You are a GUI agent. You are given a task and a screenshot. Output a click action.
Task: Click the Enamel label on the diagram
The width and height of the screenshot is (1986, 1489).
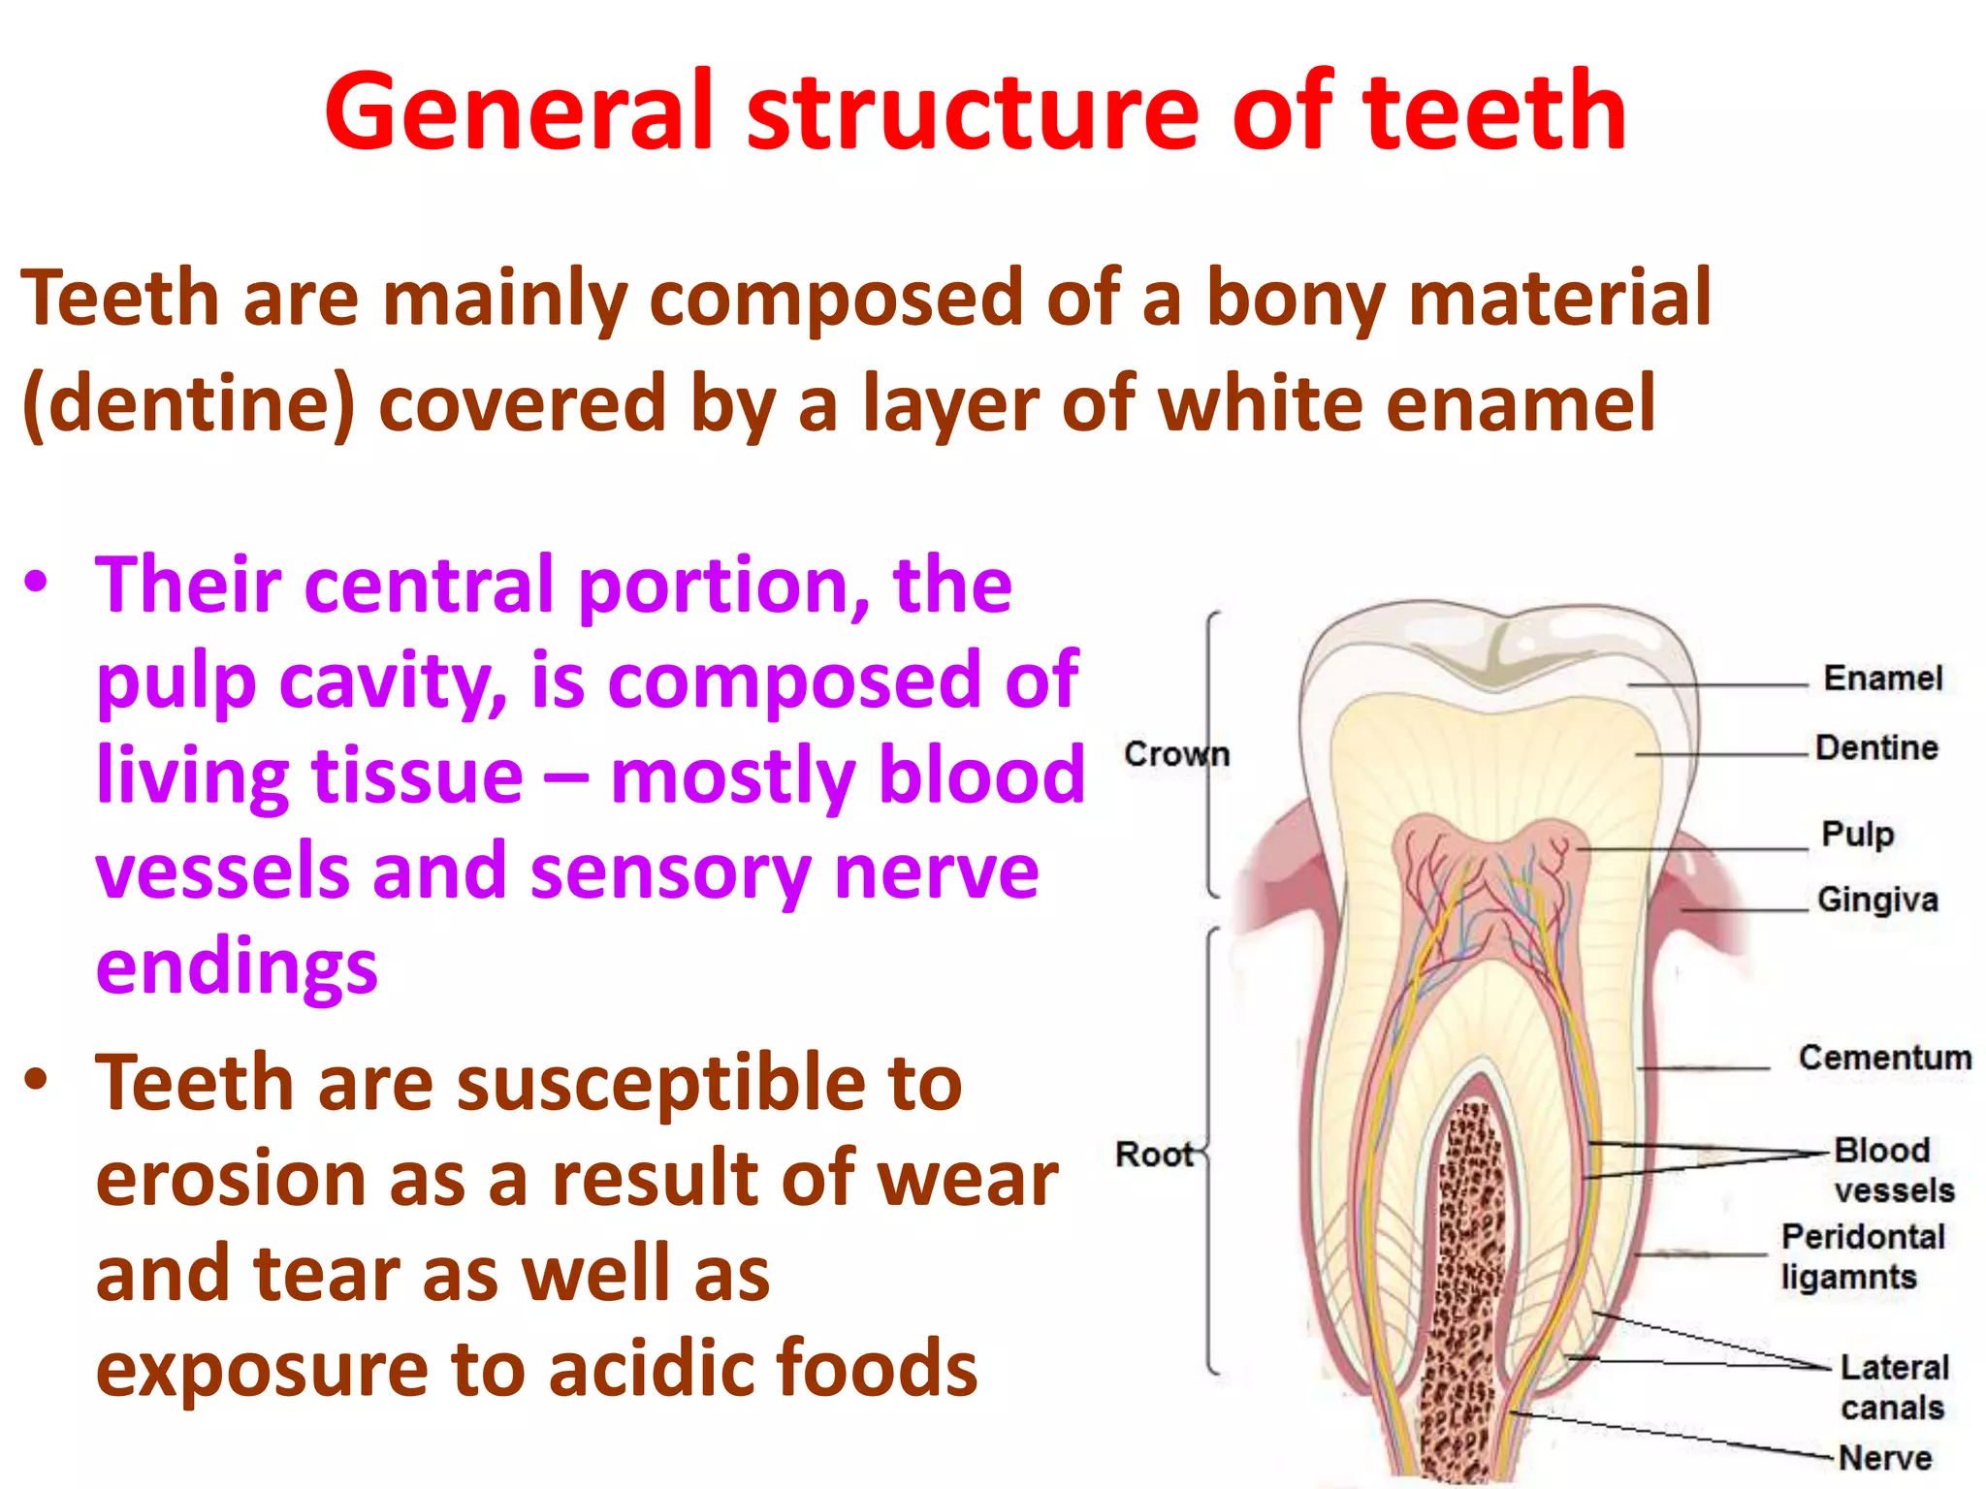tap(1882, 679)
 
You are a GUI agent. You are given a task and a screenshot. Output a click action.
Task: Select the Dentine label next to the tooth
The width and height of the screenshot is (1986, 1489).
tap(1876, 748)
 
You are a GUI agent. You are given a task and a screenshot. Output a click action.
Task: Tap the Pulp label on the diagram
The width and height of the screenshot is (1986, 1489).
tap(1857, 834)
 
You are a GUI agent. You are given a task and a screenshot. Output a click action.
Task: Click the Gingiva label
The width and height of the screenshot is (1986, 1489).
tap(1877, 900)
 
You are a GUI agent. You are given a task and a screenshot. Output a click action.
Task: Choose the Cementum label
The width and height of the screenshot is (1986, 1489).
tap(1884, 1058)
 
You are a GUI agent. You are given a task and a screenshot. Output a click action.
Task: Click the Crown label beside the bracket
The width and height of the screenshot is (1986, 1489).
tap(1175, 754)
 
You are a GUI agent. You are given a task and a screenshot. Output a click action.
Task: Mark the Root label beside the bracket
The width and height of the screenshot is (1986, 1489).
tap(1153, 1155)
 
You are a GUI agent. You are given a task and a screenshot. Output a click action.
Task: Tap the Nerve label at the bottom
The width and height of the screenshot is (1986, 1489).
tap(1884, 1458)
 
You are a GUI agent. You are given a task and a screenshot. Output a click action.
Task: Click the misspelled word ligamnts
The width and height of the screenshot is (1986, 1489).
tap(1848, 1278)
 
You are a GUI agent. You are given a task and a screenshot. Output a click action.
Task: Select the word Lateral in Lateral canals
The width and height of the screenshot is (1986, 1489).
tap(1894, 1368)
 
